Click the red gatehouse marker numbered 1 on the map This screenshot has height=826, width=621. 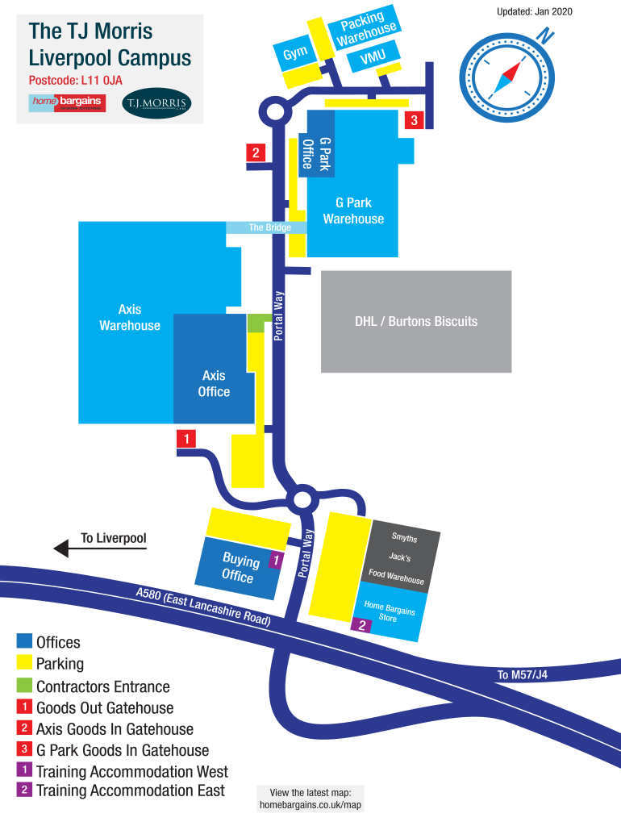click(x=186, y=440)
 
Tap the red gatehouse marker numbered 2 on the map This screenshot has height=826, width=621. click(x=256, y=152)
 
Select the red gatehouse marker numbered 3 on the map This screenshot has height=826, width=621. click(x=414, y=120)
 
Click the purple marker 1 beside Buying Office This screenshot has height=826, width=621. click(x=275, y=560)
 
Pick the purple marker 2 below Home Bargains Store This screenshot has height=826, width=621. click(x=362, y=625)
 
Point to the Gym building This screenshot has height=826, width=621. click(x=295, y=53)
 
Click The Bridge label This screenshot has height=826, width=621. click(x=269, y=227)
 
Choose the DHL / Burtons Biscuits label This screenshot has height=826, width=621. click(x=416, y=321)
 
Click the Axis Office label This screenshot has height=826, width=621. click(x=214, y=384)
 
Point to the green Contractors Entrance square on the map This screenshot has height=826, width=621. click(x=256, y=323)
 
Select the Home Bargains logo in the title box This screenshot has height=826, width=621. click(x=67, y=102)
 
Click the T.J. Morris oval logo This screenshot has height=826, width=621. click(x=156, y=103)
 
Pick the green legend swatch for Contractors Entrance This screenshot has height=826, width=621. click(x=24, y=686)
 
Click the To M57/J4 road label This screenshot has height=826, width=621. click(x=522, y=675)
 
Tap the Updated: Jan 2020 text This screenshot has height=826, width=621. click(x=535, y=12)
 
